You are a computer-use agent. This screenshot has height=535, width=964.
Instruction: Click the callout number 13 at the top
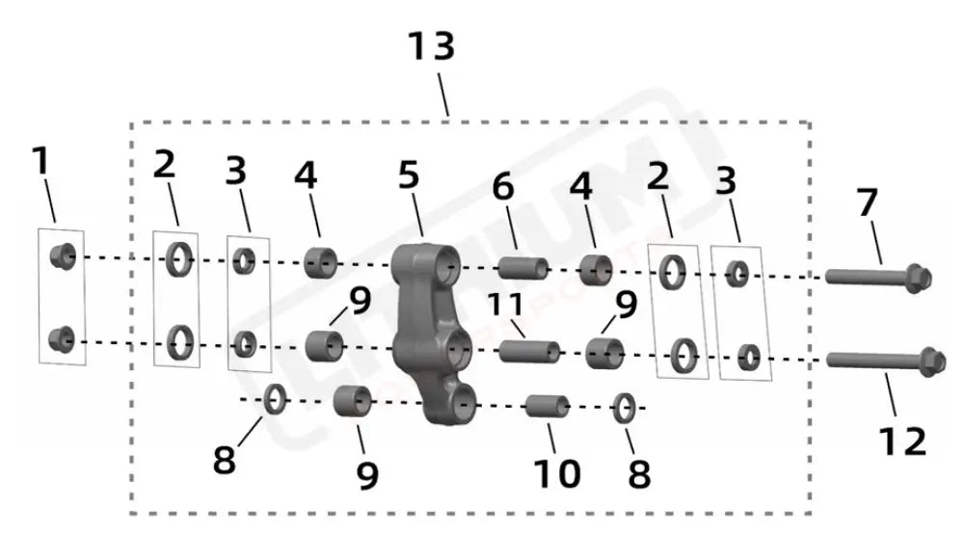click(x=430, y=46)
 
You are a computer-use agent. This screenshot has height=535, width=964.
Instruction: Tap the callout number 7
click(x=868, y=204)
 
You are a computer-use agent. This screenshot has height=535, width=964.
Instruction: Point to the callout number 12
click(x=901, y=441)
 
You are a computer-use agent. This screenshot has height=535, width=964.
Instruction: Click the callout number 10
click(x=556, y=472)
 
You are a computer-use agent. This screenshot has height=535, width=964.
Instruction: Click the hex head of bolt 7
click(x=918, y=278)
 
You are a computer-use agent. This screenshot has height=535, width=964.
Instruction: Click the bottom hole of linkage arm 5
click(x=464, y=404)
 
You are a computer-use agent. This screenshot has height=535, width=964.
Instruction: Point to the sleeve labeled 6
click(x=522, y=267)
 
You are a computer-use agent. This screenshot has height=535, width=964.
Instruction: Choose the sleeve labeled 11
click(x=528, y=349)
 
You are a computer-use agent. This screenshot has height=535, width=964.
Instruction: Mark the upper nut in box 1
click(x=63, y=255)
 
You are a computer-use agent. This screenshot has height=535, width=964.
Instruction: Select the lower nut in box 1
click(x=63, y=338)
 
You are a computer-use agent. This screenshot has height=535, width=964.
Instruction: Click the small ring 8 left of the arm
click(x=274, y=397)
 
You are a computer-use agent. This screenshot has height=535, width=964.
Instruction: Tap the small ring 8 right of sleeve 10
click(x=624, y=409)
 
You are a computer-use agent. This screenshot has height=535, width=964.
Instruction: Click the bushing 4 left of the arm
click(x=320, y=261)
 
